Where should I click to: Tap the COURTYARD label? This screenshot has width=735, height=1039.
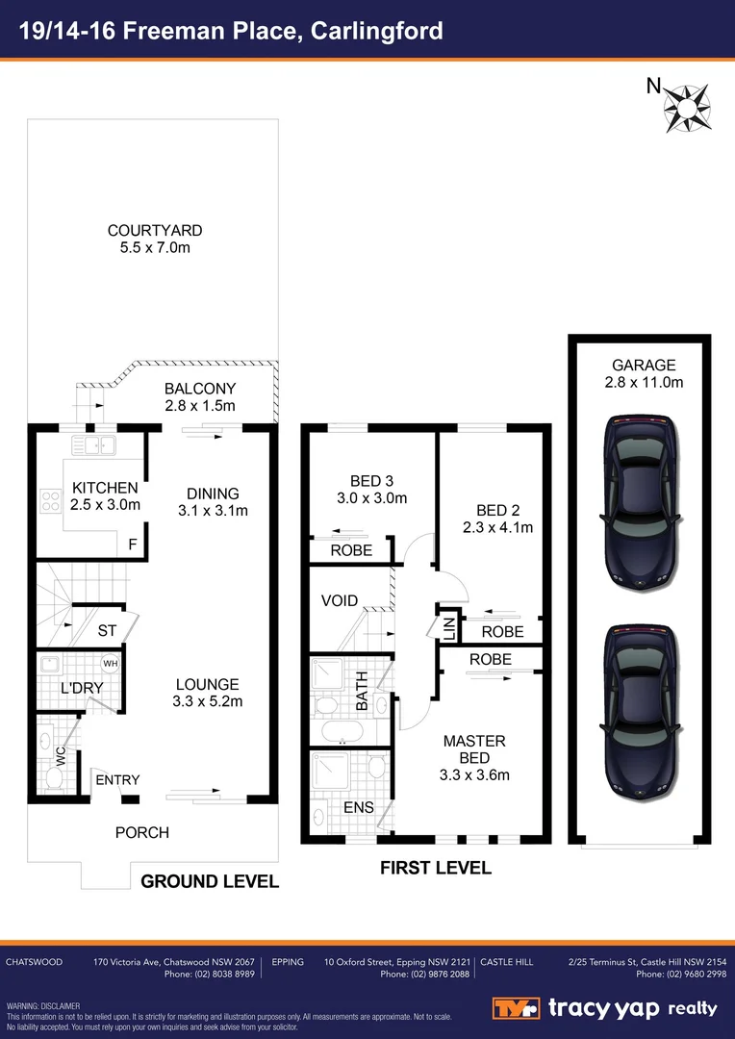coord(155,231)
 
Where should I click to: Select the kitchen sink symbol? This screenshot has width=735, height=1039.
coord(93,445)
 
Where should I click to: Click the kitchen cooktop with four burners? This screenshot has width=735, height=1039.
coord(50,500)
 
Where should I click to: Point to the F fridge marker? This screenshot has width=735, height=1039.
coord(133,545)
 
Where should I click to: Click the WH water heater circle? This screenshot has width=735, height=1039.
coord(110,664)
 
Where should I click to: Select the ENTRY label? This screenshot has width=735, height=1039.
coord(116,780)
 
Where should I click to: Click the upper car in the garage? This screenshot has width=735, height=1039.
coord(636,500)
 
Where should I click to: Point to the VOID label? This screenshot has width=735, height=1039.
coord(340,601)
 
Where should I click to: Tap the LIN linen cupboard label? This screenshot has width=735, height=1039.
coord(448,630)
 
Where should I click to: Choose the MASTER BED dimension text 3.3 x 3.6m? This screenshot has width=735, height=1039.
coord(474,774)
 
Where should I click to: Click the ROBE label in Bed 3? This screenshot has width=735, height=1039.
coord(351,551)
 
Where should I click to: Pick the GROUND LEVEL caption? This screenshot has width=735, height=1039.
coord(210,881)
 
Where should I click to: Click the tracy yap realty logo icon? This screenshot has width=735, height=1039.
coord(517,1008)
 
